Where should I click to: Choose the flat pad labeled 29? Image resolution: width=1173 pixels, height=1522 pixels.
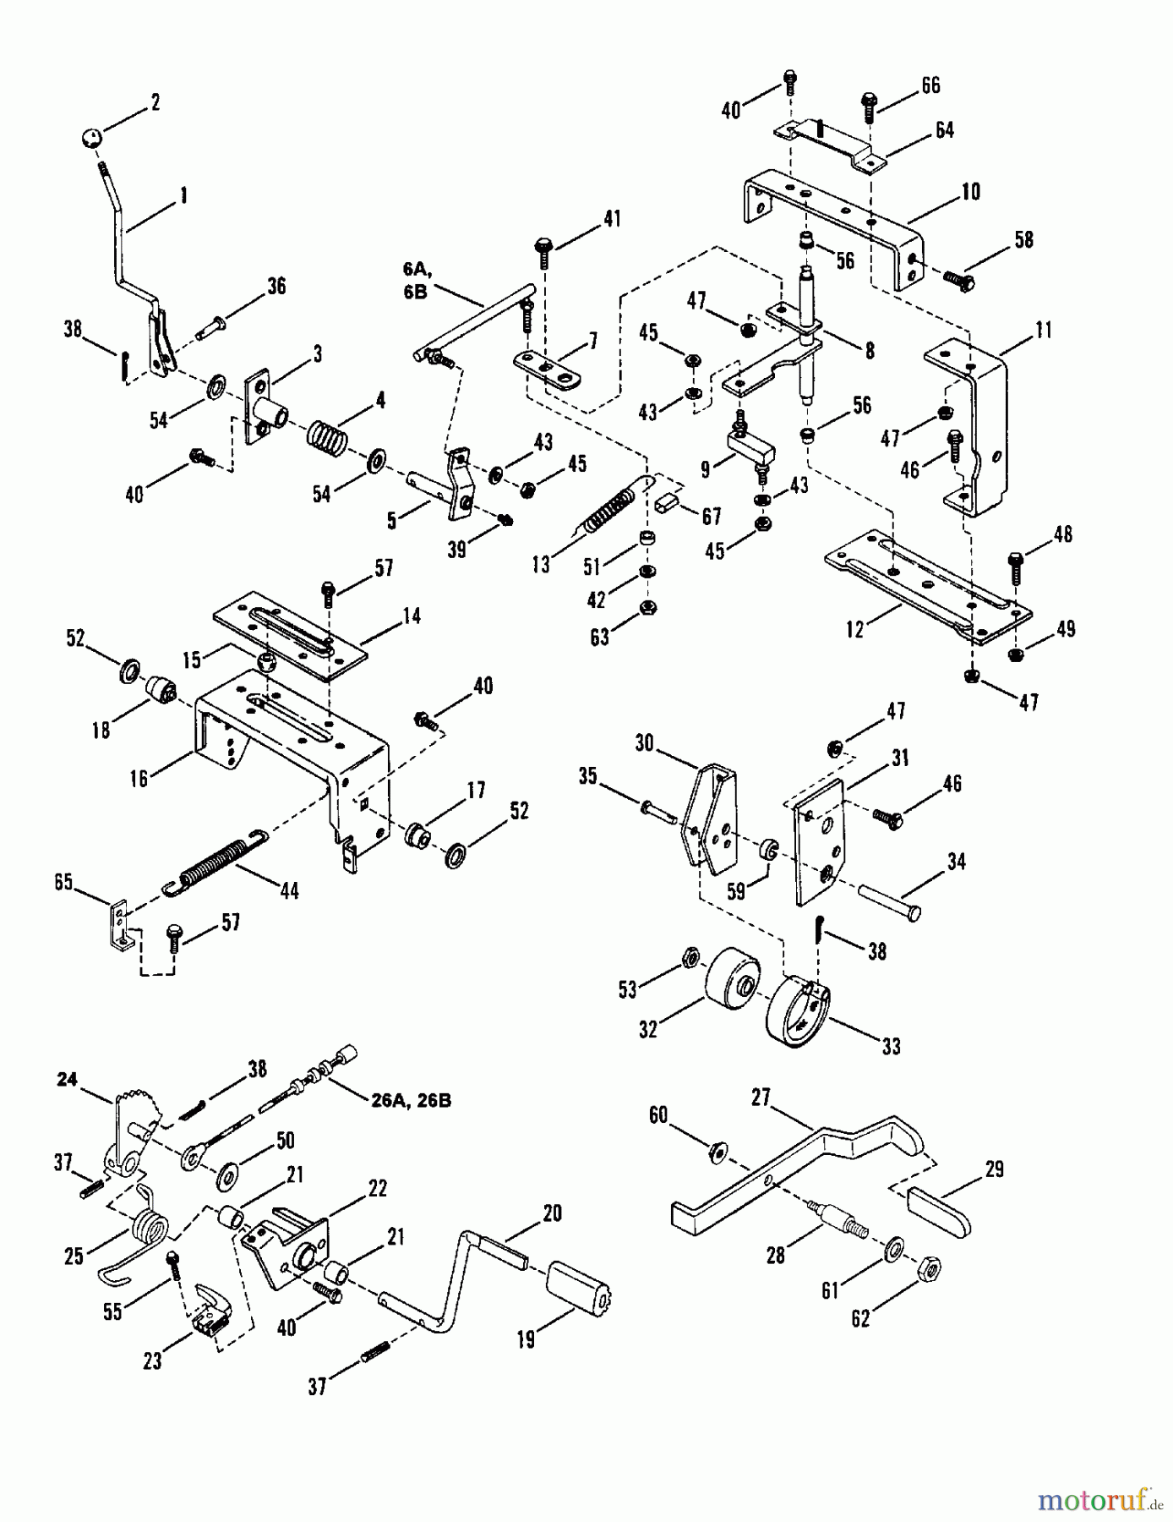(938, 1210)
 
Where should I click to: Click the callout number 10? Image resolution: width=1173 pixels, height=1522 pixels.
(971, 192)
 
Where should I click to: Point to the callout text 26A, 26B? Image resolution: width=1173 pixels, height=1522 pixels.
(411, 1100)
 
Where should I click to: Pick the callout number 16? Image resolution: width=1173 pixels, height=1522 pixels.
(139, 778)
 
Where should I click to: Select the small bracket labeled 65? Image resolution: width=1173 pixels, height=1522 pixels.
(121, 924)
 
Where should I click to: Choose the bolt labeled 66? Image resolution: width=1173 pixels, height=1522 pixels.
(868, 105)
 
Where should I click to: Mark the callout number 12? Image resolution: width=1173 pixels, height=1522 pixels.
(855, 629)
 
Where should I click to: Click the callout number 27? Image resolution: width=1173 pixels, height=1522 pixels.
(761, 1098)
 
